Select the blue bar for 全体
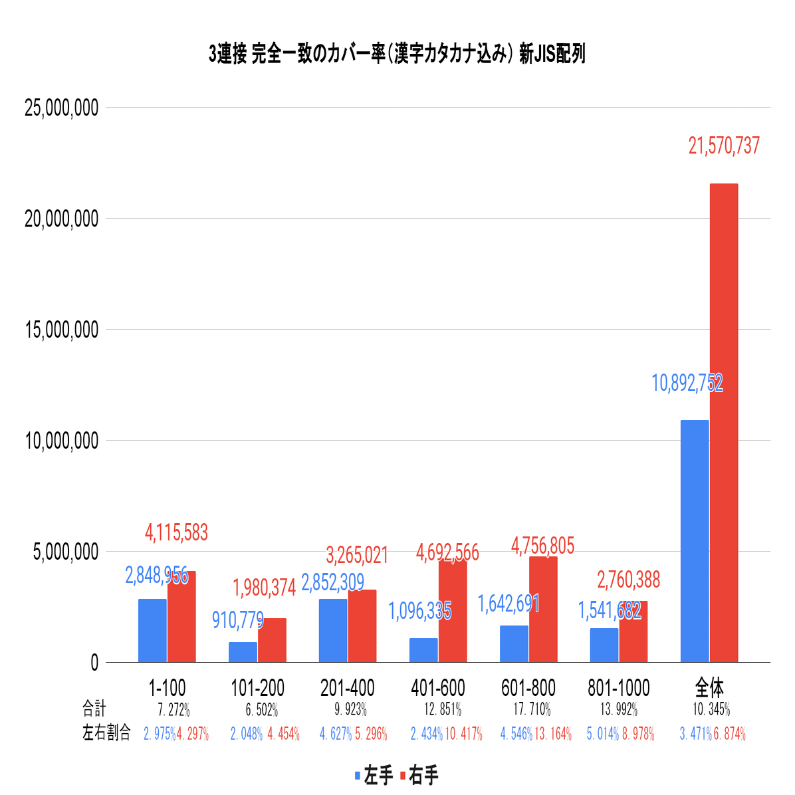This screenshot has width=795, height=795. click(695, 541)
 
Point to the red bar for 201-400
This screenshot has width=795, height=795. click(362, 625)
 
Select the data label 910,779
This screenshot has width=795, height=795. click(238, 620)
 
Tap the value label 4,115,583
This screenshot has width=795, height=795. click(176, 532)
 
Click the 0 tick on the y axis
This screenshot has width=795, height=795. click(94, 663)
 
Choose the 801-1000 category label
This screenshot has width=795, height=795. click(618, 688)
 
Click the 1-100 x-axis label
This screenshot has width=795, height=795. click(167, 688)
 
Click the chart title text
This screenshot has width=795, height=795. click(397, 54)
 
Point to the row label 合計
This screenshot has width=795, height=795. click(94, 709)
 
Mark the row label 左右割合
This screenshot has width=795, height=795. click(106, 733)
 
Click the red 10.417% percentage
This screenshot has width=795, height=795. click(463, 734)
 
